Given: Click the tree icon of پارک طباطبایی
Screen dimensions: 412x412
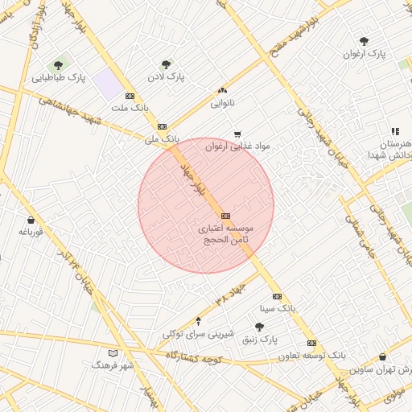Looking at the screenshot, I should (57, 65).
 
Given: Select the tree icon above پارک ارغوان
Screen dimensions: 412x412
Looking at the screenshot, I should (364, 40).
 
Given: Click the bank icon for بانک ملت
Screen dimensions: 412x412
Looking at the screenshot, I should (130, 96).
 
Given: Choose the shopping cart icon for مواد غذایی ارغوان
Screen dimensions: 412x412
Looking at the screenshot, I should (237, 134).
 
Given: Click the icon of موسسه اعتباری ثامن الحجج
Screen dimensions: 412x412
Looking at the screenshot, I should (225, 216).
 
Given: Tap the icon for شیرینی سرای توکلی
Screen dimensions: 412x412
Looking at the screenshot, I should (198, 321).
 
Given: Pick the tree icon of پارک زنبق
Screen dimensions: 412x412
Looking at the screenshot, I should (259, 327).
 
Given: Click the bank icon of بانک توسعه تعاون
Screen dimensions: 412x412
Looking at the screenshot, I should (311, 343).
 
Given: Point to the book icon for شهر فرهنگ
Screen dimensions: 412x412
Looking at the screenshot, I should (113, 352).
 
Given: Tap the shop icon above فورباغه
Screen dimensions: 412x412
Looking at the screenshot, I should (31, 220).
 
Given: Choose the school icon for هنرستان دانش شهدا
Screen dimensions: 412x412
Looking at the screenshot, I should (394, 131).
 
